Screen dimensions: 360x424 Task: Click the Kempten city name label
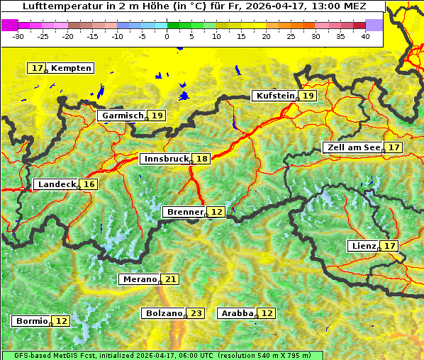point(71,68)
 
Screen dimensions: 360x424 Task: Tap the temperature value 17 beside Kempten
point(37,68)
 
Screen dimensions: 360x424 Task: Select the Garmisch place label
point(122,116)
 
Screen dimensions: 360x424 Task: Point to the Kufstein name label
point(274,96)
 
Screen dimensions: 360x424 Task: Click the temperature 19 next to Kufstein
point(308,96)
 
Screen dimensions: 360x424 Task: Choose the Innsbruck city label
point(165,159)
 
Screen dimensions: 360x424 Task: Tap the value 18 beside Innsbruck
point(202,159)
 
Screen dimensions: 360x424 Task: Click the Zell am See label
point(353,147)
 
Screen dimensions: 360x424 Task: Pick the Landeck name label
point(56,184)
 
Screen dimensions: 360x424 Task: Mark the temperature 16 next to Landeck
point(89,184)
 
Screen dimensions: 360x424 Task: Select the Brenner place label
point(184,212)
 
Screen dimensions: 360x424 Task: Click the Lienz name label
point(364,246)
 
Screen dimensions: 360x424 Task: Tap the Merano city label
point(138,279)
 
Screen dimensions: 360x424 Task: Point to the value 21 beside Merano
point(170,279)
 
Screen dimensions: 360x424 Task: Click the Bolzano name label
point(164,313)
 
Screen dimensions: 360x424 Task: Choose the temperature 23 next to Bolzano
point(196,313)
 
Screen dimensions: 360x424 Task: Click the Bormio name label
point(31,321)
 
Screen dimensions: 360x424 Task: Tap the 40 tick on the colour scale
point(365,35)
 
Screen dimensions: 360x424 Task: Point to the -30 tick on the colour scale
point(18,35)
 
